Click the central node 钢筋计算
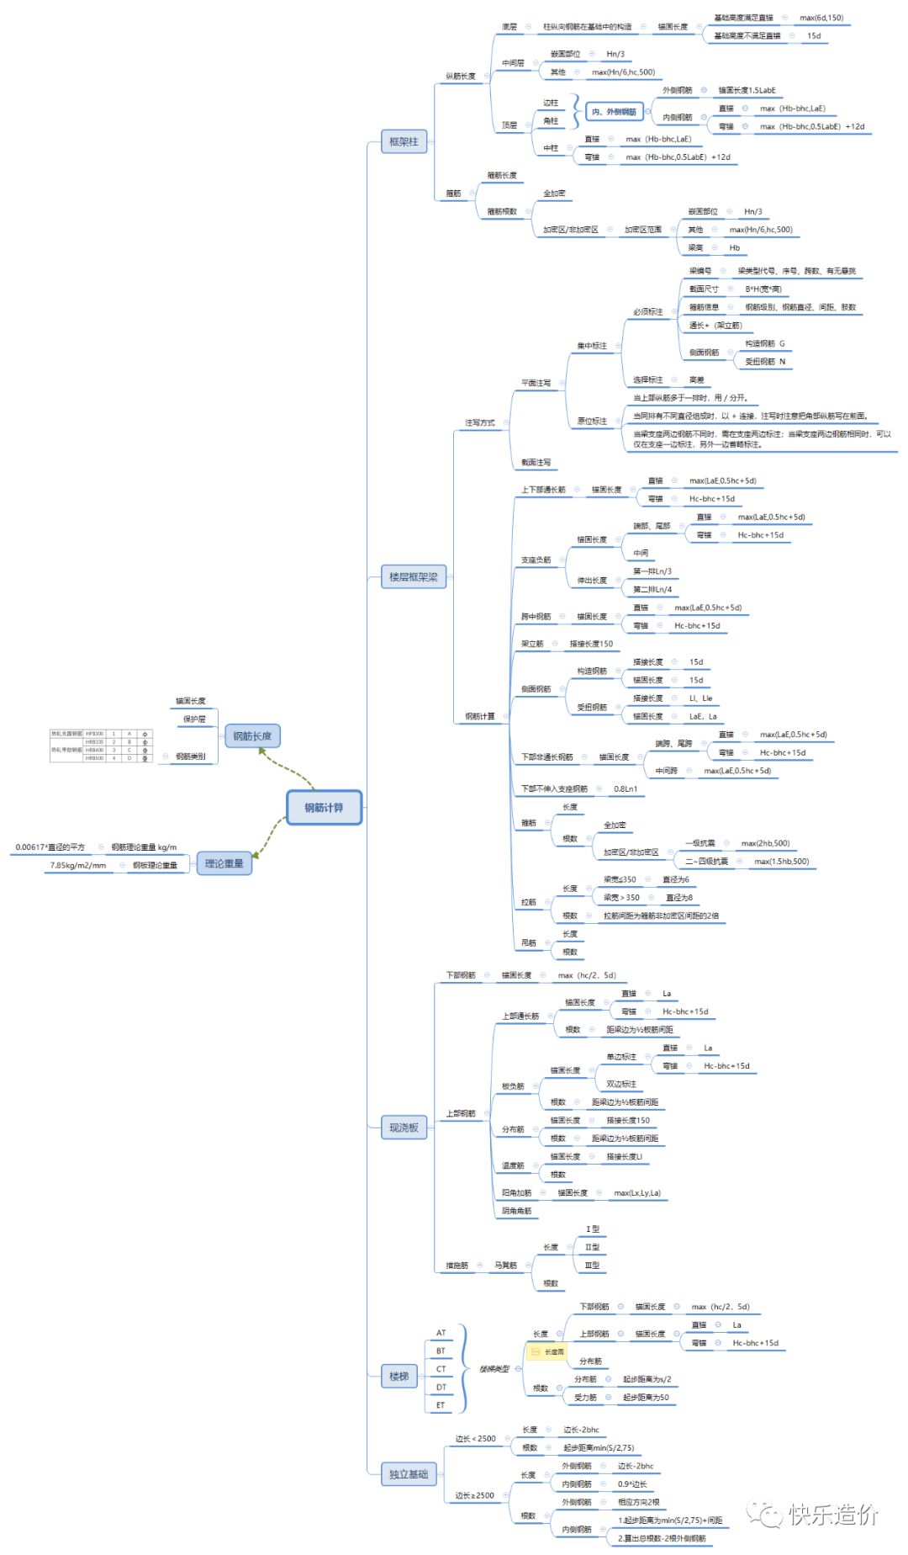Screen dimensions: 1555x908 point(324,808)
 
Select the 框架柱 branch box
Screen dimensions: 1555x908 point(404,142)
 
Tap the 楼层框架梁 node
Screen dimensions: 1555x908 point(413,577)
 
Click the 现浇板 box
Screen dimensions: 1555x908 point(404,1128)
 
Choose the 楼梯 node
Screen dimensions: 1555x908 point(399,1377)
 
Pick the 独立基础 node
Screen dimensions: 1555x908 point(408,1474)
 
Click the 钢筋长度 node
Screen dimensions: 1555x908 point(252,736)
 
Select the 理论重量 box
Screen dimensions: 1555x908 point(224,863)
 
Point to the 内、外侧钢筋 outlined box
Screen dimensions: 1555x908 point(614,112)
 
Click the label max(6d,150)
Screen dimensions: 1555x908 point(821,18)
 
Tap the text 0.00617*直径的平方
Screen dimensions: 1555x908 point(50,847)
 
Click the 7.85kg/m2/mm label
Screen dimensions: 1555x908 point(78,865)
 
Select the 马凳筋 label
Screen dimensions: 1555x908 point(505,1266)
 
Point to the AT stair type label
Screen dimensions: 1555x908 point(441,1333)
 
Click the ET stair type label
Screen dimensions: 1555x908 point(441,1405)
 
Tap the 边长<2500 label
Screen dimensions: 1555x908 point(476,1439)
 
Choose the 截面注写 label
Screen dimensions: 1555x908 point(536,463)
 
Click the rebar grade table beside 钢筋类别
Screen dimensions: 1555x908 point(101,746)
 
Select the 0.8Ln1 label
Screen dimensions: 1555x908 point(626,789)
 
